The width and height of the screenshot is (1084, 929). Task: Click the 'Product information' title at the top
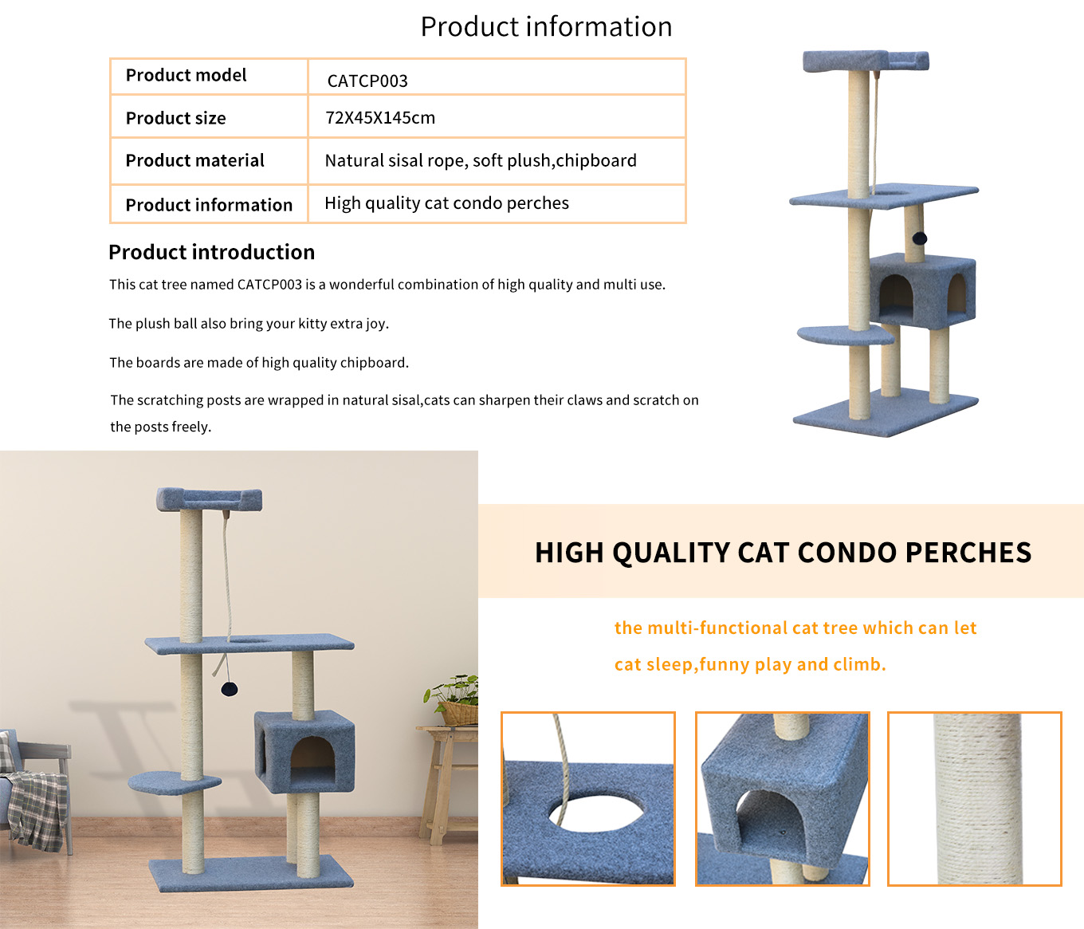(x=546, y=27)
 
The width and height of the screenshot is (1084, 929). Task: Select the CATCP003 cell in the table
(x=367, y=81)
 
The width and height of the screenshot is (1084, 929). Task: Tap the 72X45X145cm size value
(x=380, y=117)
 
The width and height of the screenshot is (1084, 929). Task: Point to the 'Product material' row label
(x=194, y=160)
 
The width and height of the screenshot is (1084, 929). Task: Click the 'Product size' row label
(x=175, y=118)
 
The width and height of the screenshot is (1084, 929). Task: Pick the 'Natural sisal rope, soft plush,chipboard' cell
(x=481, y=160)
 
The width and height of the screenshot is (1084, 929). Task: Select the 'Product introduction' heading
(x=211, y=252)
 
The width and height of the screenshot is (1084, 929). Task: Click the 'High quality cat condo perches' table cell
(x=446, y=203)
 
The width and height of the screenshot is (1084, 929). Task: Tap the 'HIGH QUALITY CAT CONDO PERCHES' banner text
(x=783, y=553)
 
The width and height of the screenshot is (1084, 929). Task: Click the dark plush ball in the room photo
(x=230, y=689)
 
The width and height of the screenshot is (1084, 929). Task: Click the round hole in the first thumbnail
(x=595, y=813)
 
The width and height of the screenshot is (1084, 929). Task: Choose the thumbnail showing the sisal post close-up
(x=974, y=798)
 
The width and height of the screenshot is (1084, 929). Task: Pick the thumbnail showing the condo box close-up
(x=783, y=798)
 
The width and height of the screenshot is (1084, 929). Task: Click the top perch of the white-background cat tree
(x=866, y=61)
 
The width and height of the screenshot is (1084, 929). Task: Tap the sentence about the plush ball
(x=249, y=324)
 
